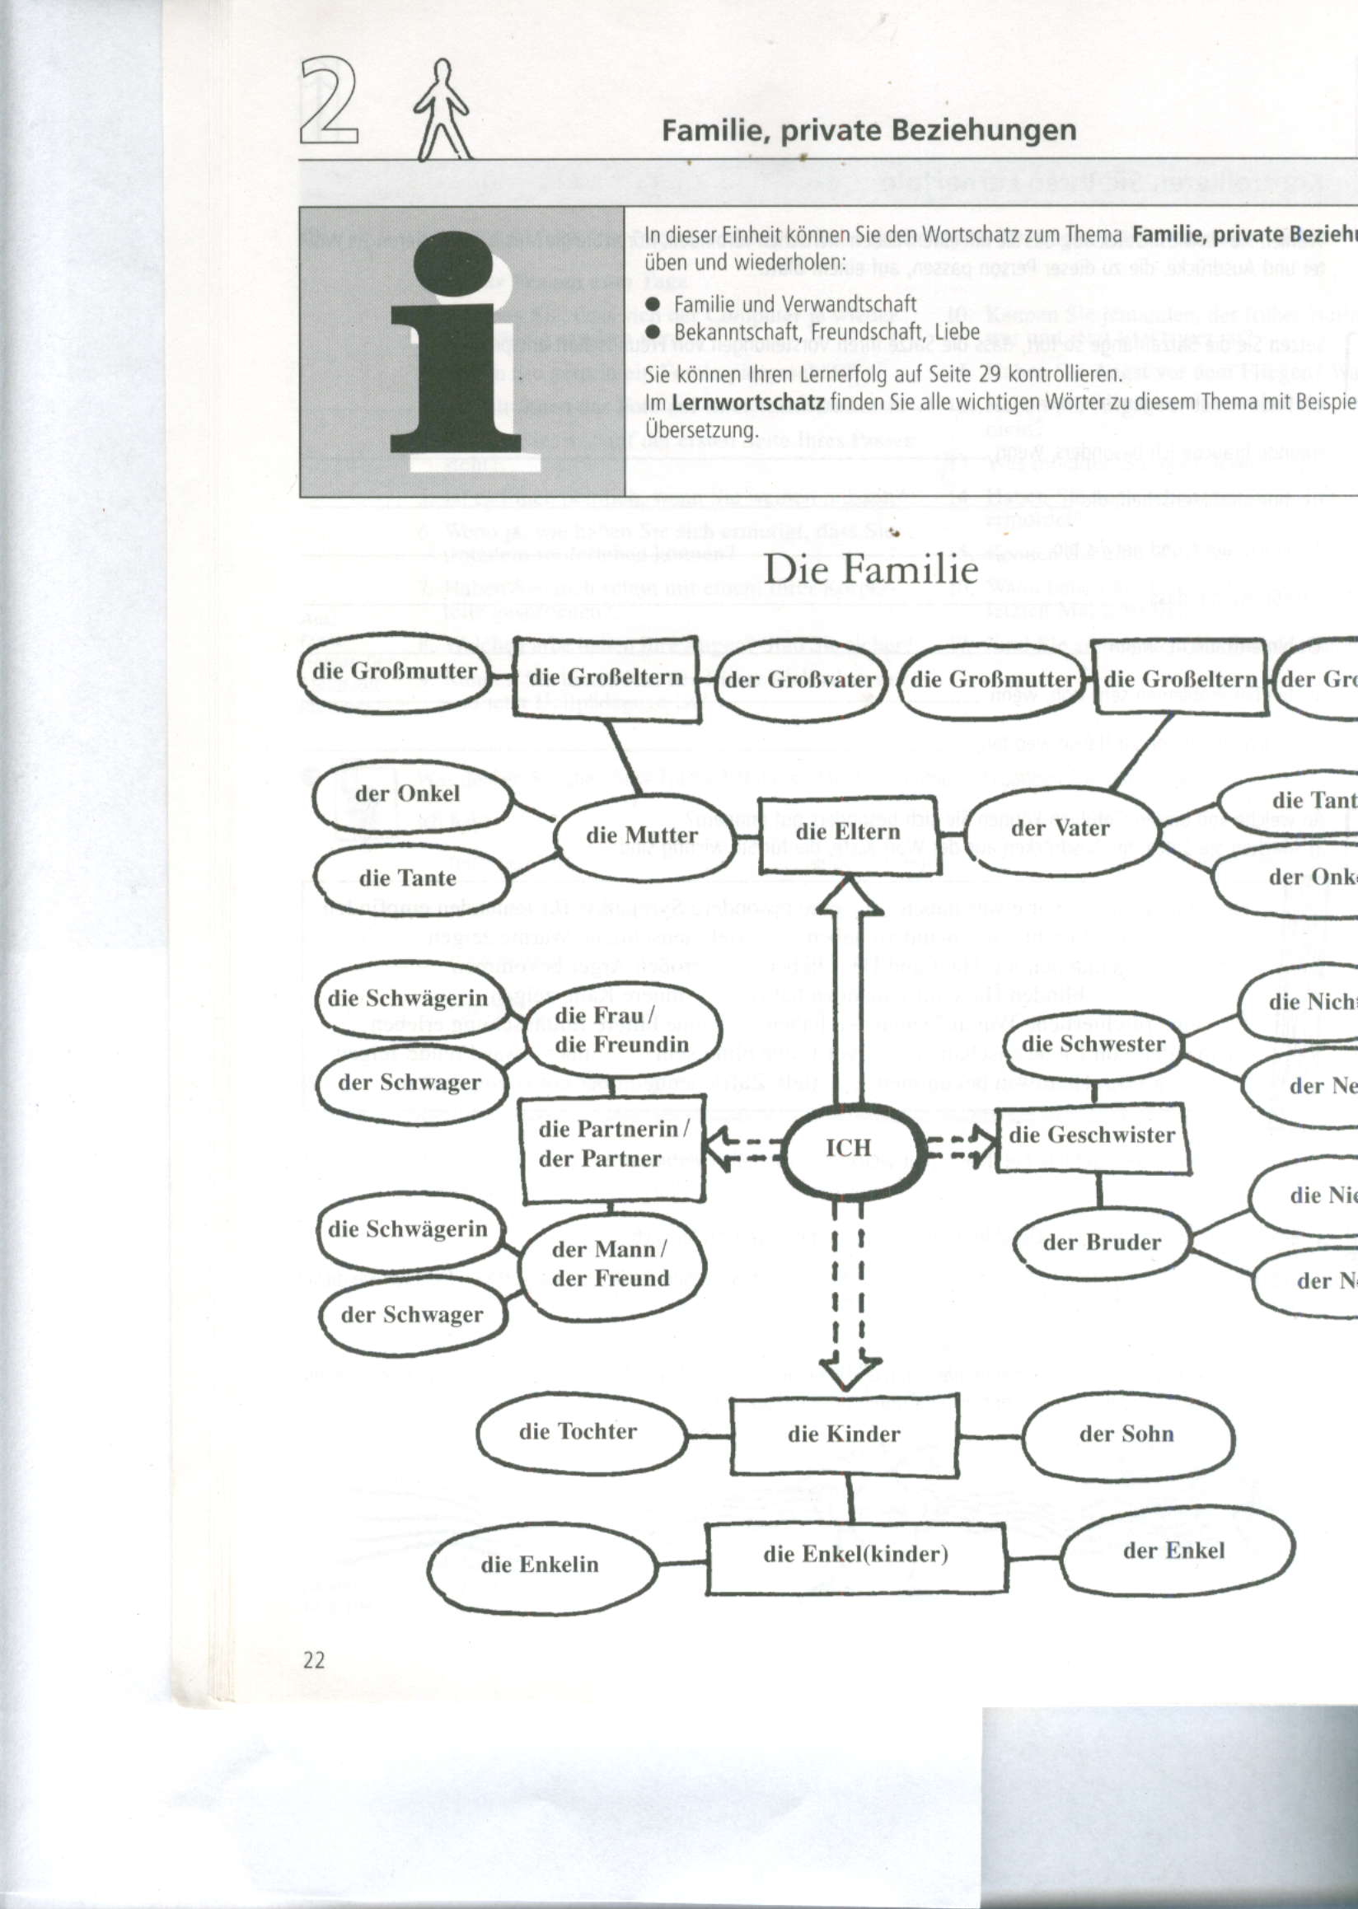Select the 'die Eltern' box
[849, 832]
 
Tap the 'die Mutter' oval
[641, 835]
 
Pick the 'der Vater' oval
[1061, 829]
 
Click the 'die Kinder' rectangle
[844, 1435]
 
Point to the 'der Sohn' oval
[1126, 1435]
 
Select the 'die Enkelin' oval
[541, 1565]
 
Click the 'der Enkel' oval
[1175, 1551]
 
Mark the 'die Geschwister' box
[1092, 1135]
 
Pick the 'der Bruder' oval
[1102, 1242]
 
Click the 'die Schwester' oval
[1093, 1044]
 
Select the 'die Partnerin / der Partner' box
[613, 1144]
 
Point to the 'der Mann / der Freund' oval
[611, 1265]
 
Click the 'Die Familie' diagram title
[870, 570]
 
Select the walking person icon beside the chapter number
[443, 110]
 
